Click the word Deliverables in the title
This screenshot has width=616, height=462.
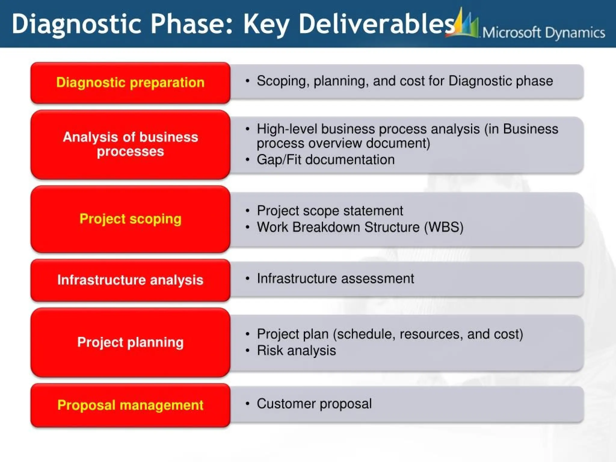(376, 24)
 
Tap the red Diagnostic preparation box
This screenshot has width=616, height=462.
(130, 83)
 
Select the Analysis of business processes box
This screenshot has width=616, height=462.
(130, 144)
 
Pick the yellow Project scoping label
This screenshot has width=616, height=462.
(130, 219)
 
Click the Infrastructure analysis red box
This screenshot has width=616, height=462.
(130, 280)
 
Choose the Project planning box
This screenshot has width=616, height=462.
(130, 342)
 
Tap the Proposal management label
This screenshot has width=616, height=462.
(130, 405)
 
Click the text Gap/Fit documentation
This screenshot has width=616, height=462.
(325, 160)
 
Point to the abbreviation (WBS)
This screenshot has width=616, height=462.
(444, 227)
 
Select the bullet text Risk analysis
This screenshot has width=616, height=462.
(296, 351)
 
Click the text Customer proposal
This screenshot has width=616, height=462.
(314, 404)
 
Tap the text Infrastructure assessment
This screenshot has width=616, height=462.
(335, 279)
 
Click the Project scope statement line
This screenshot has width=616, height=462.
(330, 211)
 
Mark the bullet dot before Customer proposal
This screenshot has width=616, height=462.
(248, 404)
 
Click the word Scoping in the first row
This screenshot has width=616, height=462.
(281, 81)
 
